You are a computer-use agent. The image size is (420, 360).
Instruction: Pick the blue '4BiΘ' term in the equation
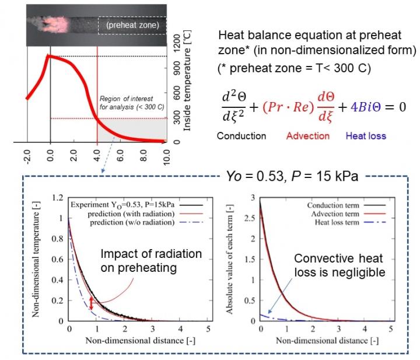(362, 108)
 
